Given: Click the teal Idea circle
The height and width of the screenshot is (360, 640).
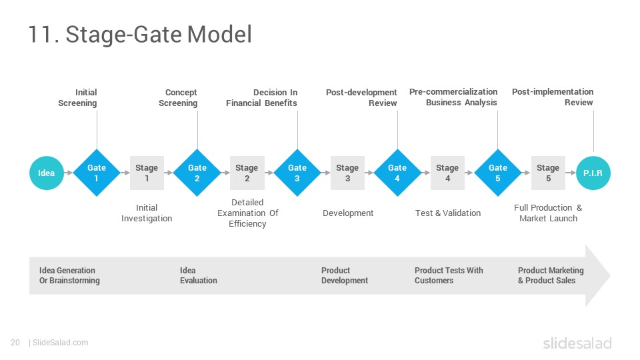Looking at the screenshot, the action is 47,173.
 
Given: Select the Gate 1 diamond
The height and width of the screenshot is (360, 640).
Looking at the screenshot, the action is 97,173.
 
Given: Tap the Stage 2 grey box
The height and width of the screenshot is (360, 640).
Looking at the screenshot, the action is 247,173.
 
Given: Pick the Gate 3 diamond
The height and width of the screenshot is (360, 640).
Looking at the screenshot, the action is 297,173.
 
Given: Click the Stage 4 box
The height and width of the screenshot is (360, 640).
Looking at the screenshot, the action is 447,173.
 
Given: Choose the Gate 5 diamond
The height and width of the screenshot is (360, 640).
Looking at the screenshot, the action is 498,173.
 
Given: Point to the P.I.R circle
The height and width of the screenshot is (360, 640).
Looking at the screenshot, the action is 593,173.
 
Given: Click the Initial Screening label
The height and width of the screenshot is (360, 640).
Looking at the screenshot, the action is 77,97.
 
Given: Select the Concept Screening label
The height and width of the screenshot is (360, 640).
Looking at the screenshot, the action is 178,97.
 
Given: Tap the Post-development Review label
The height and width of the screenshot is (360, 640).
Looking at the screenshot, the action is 361,97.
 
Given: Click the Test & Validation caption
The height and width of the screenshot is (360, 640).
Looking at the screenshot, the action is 448,213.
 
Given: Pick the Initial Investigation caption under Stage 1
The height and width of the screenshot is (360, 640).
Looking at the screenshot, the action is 147,213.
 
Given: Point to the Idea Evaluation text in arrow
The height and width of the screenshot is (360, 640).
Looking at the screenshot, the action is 199,275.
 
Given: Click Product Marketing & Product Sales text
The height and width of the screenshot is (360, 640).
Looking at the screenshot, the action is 551,275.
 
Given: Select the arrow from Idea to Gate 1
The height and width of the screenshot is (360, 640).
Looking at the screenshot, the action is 69,173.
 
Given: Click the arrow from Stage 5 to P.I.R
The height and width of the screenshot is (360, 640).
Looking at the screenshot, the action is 571,173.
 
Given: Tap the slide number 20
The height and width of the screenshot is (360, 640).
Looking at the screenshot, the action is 15,343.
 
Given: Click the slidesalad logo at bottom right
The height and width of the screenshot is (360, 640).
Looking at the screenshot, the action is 577,343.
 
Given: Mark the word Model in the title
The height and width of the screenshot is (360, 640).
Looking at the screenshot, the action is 219,34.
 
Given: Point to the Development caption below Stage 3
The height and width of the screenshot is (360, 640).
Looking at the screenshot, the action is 348,213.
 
